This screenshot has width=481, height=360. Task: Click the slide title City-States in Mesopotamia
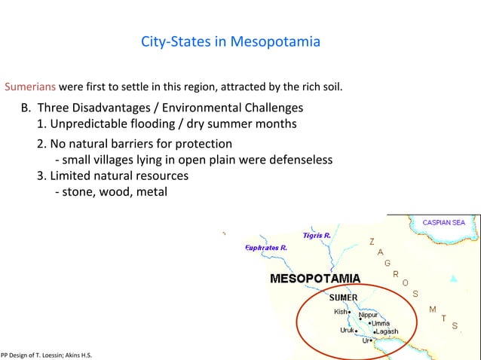tap(230, 41)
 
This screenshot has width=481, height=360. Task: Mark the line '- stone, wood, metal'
tap(111, 192)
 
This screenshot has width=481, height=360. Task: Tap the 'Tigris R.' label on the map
tap(316, 236)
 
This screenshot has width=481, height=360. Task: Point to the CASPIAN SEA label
tap(443, 223)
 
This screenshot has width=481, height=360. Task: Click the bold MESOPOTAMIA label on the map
tap(315, 279)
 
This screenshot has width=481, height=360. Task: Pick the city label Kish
tap(340, 312)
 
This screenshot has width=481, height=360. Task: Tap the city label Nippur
tap(369, 315)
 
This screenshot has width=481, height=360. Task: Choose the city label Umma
tap(380, 323)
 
